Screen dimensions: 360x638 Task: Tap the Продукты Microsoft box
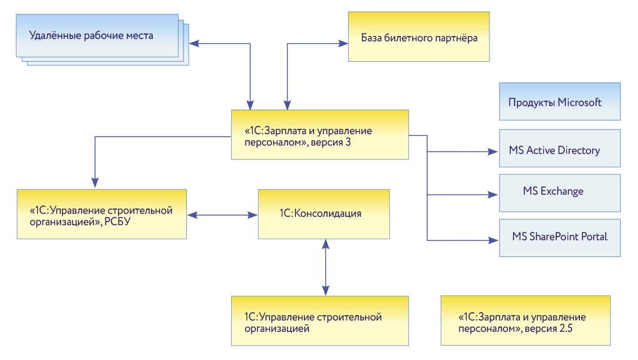pos(559,102)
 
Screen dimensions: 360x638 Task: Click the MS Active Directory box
pos(559,150)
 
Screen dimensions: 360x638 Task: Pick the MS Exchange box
pos(559,192)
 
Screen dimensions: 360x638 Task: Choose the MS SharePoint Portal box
pos(559,237)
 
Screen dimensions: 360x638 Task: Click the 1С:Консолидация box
pos(323,213)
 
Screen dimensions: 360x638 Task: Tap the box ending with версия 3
pos(320,135)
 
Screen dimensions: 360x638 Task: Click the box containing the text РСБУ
pos(102,214)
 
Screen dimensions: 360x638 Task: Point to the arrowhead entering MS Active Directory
pos(494,152)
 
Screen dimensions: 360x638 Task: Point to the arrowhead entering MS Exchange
pos(494,195)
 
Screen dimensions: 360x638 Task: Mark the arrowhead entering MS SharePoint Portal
pos(494,240)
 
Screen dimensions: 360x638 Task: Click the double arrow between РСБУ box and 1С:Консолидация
pos(222,213)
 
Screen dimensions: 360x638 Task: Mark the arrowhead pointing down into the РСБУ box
pos(94,183)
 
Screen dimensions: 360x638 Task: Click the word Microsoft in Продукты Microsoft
pos(579,102)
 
